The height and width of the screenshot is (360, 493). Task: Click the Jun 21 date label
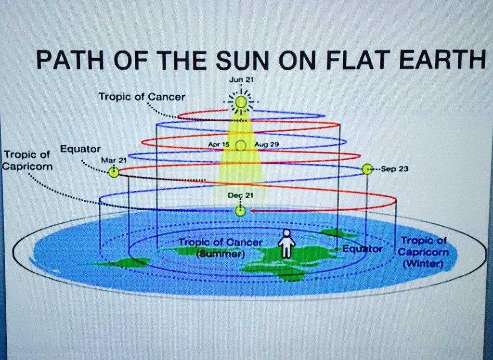click(241, 80)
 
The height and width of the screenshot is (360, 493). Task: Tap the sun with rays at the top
click(241, 102)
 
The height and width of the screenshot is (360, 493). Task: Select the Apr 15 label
click(219, 144)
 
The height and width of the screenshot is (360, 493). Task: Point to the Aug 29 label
click(267, 145)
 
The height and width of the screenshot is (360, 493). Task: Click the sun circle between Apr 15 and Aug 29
click(241, 145)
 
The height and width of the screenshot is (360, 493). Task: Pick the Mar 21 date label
click(114, 160)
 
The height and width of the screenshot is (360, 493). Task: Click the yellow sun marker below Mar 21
click(114, 172)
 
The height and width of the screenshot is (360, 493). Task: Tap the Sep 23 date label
click(395, 169)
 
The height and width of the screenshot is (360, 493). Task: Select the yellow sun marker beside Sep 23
click(367, 169)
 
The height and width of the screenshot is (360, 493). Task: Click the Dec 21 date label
click(241, 195)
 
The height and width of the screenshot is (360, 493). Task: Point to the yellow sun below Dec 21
click(240, 211)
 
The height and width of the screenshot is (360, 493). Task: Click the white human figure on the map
click(286, 244)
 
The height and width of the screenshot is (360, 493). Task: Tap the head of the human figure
click(286, 232)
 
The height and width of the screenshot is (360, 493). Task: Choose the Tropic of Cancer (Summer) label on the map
click(220, 248)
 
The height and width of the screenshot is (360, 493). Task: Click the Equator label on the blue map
click(362, 249)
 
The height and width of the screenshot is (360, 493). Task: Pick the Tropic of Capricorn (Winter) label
click(423, 252)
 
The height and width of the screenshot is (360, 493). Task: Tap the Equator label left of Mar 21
click(80, 149)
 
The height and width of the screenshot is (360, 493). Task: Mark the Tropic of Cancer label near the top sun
click(142, 97)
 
